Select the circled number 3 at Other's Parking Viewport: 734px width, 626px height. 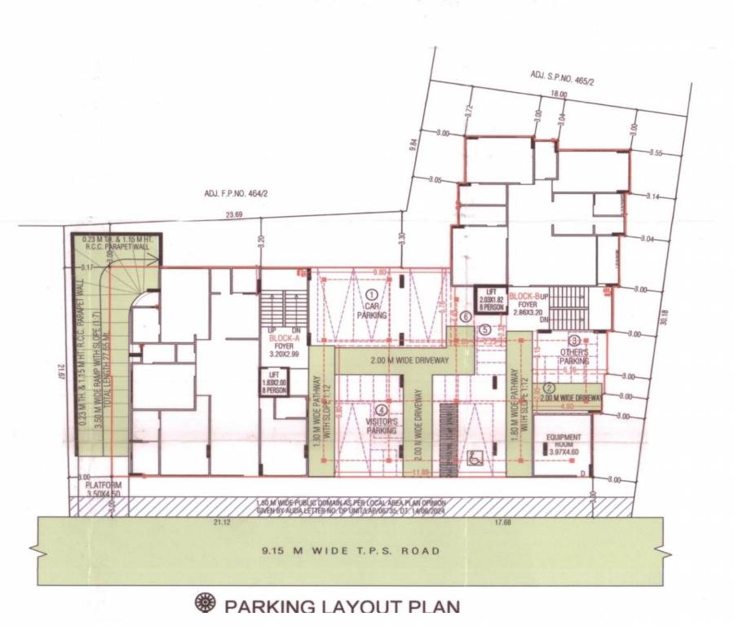pos(575,341)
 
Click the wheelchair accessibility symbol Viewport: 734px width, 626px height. pos(472,458)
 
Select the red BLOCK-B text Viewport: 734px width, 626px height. pos(524,297)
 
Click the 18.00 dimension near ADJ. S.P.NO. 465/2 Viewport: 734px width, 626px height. pos(559,94)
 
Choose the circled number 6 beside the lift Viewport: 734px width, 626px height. pos(466,316)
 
